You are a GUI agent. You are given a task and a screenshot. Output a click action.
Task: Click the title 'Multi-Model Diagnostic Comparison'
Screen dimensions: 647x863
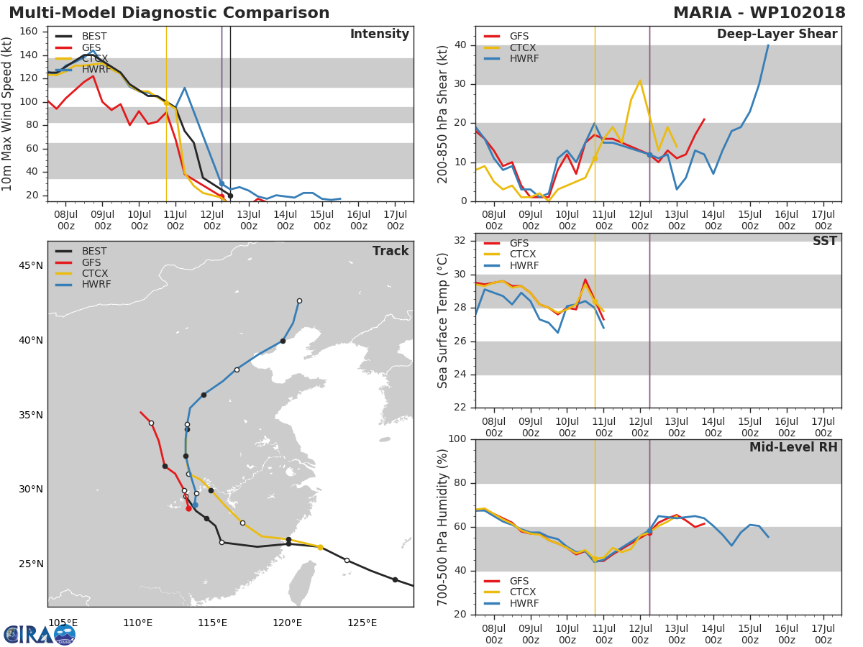[169, 13]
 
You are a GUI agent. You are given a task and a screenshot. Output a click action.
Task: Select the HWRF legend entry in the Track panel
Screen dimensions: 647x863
[96, 285]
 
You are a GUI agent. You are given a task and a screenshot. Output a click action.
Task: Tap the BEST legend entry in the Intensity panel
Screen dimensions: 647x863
[94, 36]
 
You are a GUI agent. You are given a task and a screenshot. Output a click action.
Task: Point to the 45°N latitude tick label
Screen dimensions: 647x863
[30, 266]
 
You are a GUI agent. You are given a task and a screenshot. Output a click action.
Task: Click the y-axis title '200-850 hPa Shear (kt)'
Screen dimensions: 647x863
[443, 114]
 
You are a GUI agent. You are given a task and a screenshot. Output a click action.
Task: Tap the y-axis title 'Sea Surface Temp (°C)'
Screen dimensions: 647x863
[443, 321]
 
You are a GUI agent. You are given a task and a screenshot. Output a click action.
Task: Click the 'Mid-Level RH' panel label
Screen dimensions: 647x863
[793, 448]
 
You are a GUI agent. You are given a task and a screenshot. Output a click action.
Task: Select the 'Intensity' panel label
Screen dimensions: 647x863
[379, 35]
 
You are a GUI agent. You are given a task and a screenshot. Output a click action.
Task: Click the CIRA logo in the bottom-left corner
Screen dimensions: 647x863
[40, 634]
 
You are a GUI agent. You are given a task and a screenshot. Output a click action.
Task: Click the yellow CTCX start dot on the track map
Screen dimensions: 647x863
[320, 547]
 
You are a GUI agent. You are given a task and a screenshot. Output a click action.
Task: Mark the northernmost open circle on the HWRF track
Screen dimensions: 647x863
[299, 300]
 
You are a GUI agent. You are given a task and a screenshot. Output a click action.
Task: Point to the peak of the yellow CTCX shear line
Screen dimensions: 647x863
[640, 81]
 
